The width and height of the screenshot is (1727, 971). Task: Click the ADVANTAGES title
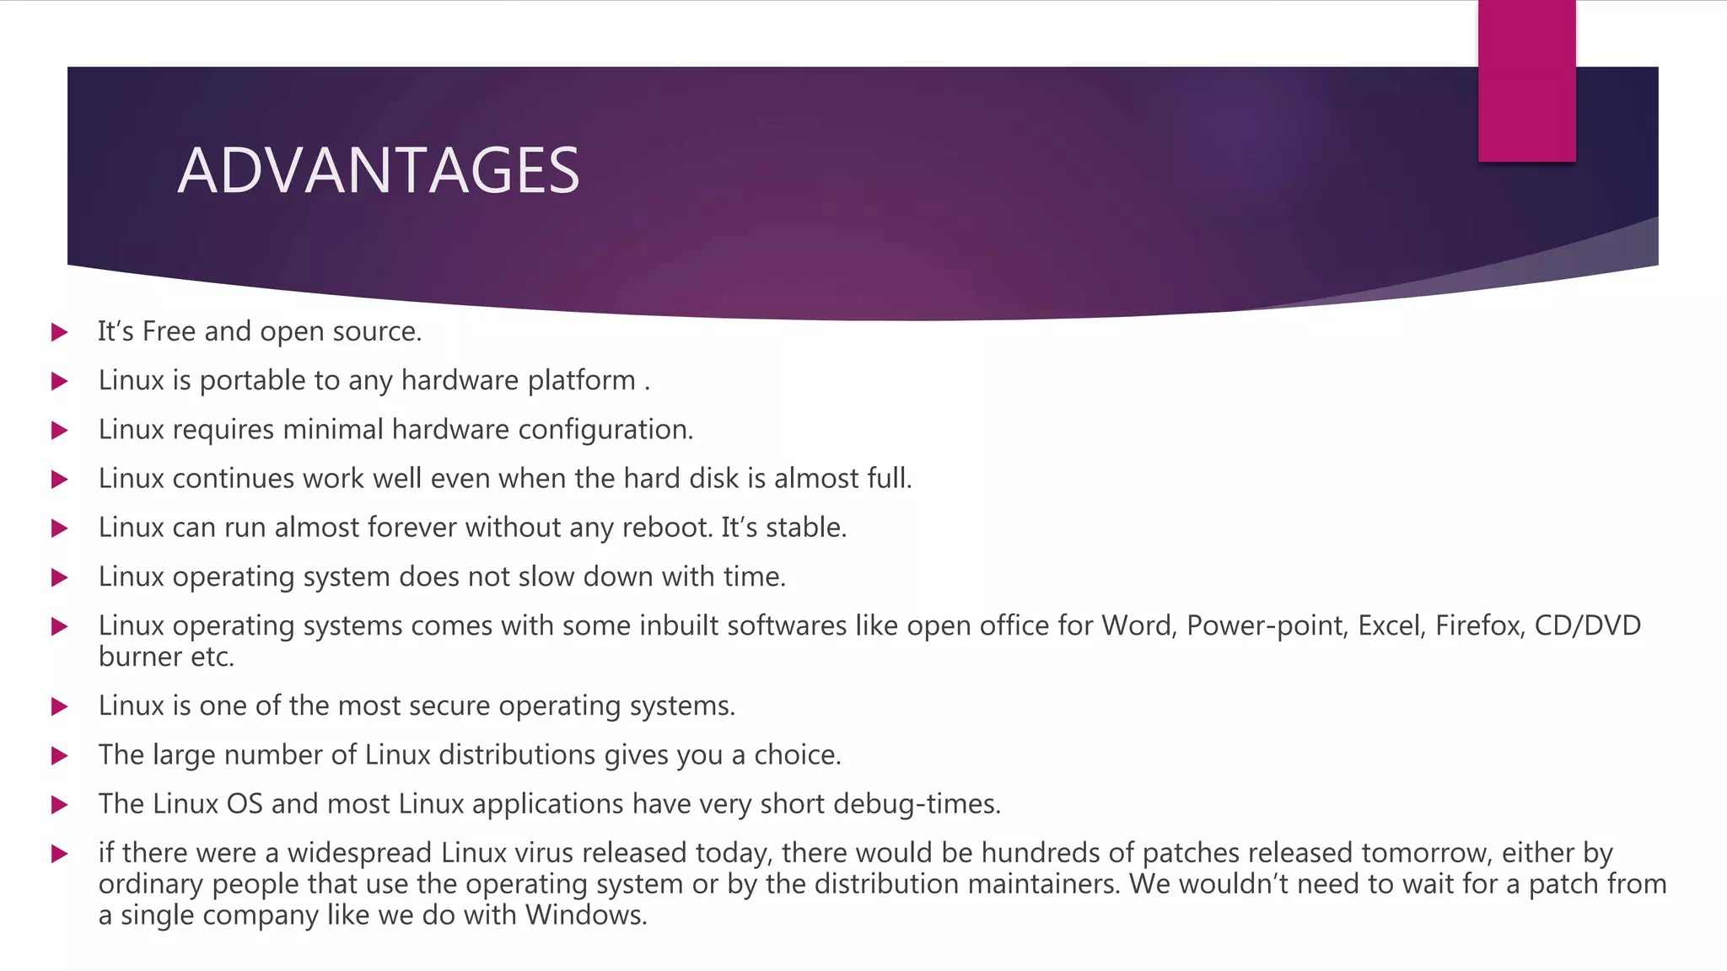pos(379,170)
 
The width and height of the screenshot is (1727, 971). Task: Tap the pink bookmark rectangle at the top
pos(1526,81)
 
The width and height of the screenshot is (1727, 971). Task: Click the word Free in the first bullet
pos(169,331)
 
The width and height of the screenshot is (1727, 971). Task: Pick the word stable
pos(805,528)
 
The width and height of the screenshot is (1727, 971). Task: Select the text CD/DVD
pos(1587,625)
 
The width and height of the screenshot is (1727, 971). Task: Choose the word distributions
pos(517,754)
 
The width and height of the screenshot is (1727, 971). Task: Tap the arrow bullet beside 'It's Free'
pos(59,332)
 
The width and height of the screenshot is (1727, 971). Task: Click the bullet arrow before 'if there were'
pos(59,854)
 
